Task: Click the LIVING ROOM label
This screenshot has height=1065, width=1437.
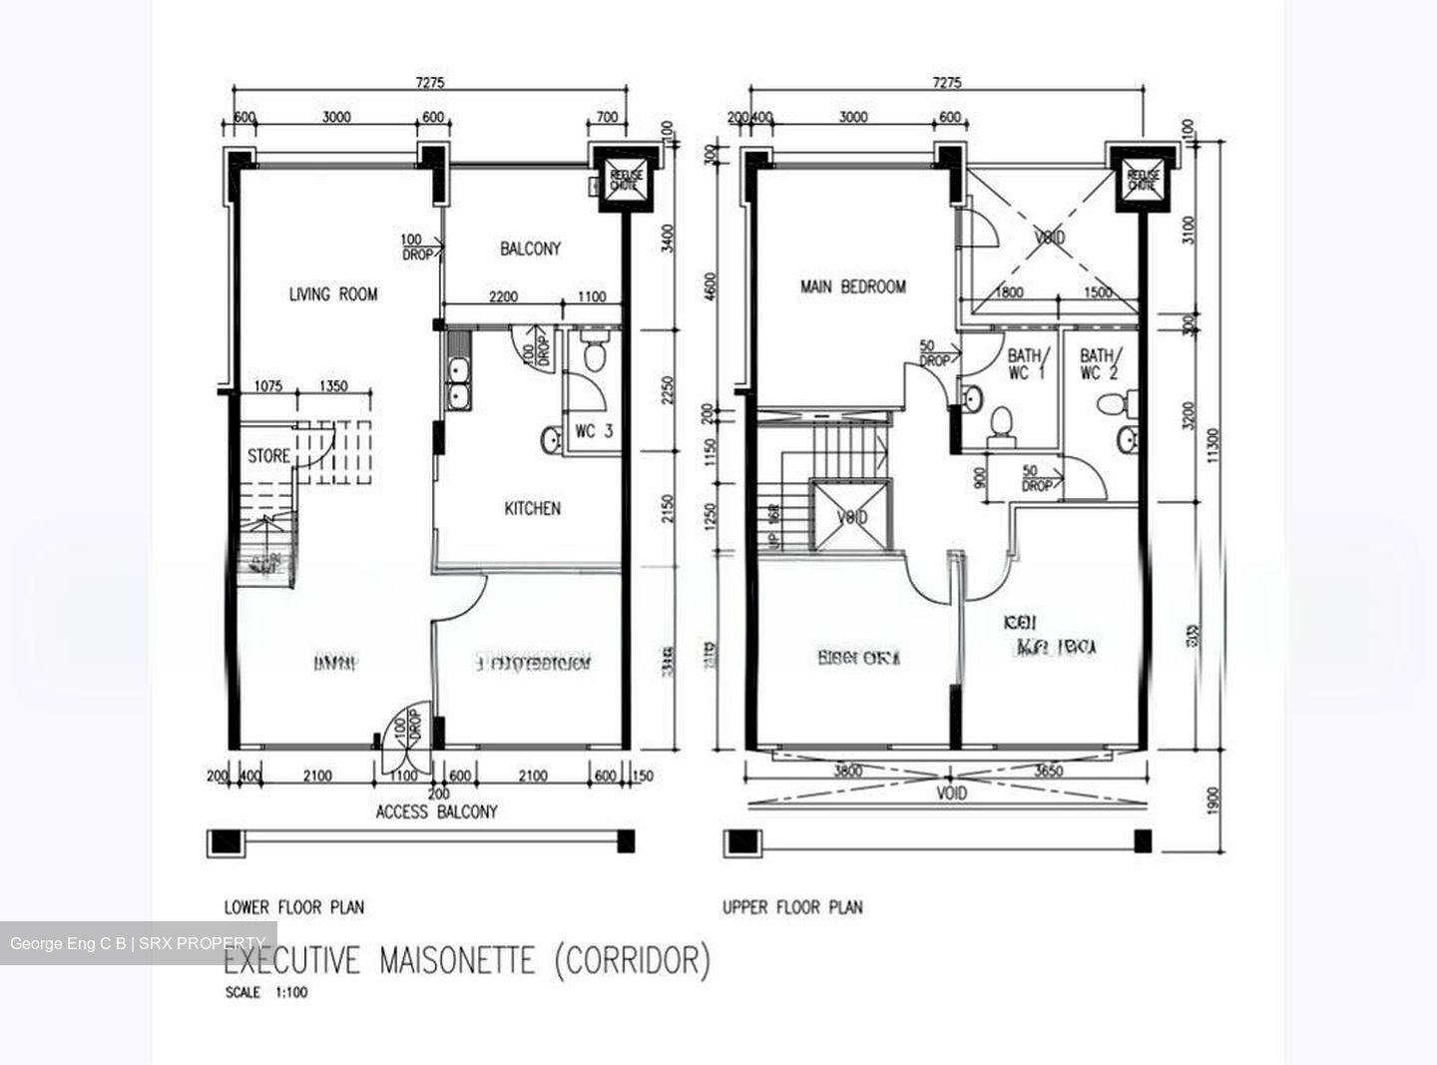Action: click(333, 294)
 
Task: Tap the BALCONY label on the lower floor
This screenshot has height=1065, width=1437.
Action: click(530, 249)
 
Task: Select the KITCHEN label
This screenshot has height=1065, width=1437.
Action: click(532, 509)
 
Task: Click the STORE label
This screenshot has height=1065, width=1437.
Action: click(268, 456)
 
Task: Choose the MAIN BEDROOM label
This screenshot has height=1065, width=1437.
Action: click(853, 287)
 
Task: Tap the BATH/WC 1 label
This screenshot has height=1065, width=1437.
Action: click(1024, 364)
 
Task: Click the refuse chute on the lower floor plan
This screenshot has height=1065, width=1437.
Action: click(623, 181)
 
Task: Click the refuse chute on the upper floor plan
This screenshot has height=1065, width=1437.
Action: click(1142, 181)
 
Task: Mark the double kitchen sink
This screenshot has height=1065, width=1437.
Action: click(459, 383)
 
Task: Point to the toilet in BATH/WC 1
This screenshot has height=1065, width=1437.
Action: click(998, 423)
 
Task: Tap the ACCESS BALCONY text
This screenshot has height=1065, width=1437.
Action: click(436, 812)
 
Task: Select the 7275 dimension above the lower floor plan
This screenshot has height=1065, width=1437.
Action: click(430, 83)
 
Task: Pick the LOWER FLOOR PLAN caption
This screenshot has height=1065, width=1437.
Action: click(293, 907)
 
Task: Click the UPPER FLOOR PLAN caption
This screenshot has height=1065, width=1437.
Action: click(792, 907)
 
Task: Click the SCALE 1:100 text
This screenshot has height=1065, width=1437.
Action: click(265, 993)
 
